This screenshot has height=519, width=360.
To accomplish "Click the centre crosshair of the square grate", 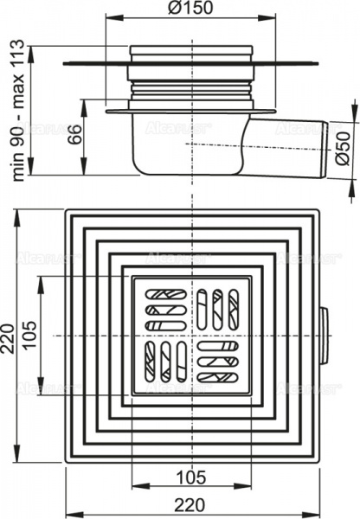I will pyautogui.click(x=190, y=334).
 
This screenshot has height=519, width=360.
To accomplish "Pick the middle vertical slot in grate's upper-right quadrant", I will pyautogui.click(x=216, y=309).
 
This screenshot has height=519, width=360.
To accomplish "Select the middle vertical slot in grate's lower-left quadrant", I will pyautogui.click(x=164, y=360).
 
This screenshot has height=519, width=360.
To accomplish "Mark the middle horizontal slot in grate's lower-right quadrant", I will pyautogui.click(x=216, y=361).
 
